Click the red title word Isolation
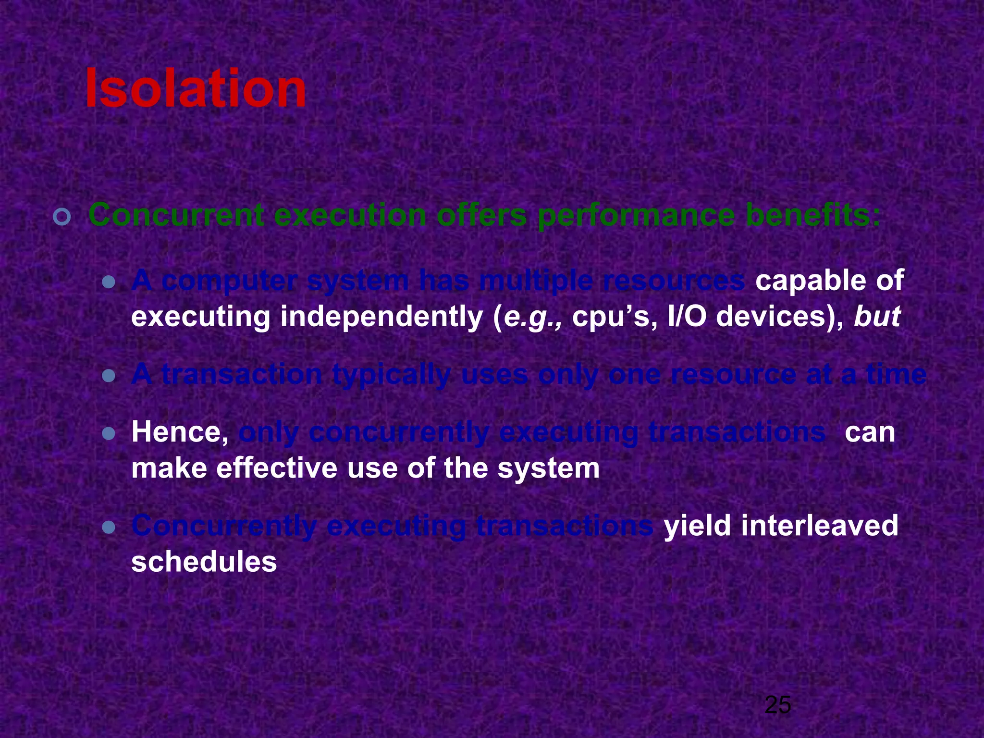tap(195, 89)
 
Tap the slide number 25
tap(777, 705)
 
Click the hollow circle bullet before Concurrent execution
tap(62, 218)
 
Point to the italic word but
tap(876, 317)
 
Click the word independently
tap(381, 318)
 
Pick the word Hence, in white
tap(180, 432)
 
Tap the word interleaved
tap(819, 525)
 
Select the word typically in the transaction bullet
tap(391, 375)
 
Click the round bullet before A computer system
tap(109, 282)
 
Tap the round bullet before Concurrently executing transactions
tap(109, 528)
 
